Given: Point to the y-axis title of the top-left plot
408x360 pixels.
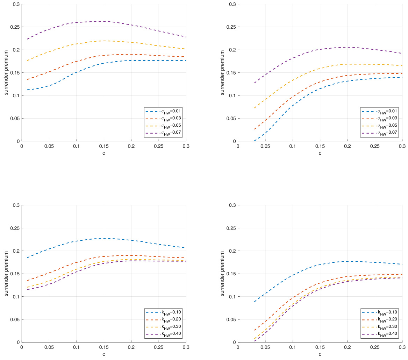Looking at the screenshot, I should tap(6, 72).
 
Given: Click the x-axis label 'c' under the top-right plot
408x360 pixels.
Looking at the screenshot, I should tap(320, 153).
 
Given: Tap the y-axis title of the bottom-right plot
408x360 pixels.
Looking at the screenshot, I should tap(223, 273).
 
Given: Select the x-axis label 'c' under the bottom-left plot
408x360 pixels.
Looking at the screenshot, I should tap(104, 354).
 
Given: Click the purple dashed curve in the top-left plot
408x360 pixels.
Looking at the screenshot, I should tap(104, 21).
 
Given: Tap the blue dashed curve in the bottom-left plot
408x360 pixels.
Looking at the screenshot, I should tap(104, 238).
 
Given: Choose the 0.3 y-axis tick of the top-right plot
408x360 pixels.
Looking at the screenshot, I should tap(232, 4).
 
